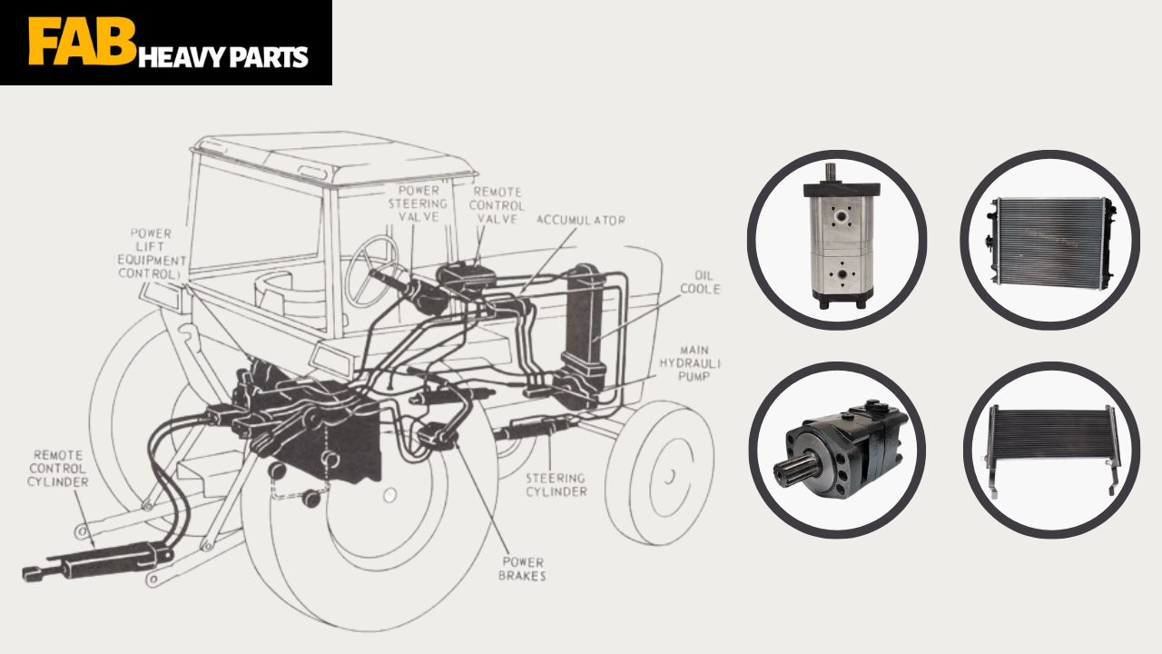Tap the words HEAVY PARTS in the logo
(x=223, y=56)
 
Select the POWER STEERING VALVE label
(x=419, y=204)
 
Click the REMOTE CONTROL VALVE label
(x=497, y=205)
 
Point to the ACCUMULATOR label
(x=580, y=221)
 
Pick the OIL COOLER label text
(x=701, y=282)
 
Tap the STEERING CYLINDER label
(x=556, y=484)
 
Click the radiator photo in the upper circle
(x=1049, y=239)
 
